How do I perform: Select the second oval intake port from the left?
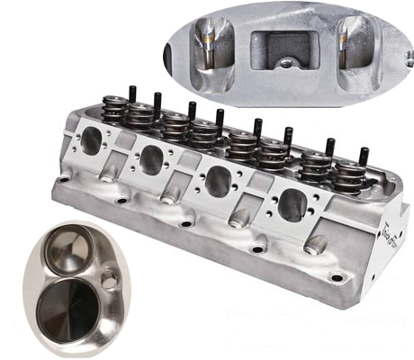pyautogui.click(x=152, y=160)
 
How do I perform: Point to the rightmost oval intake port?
pyautogui.click(x=293, y=205)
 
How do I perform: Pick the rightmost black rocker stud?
pyautogui.click(x=364, y=156)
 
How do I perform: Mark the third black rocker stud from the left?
pyautogui.click(x=191, y=110)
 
